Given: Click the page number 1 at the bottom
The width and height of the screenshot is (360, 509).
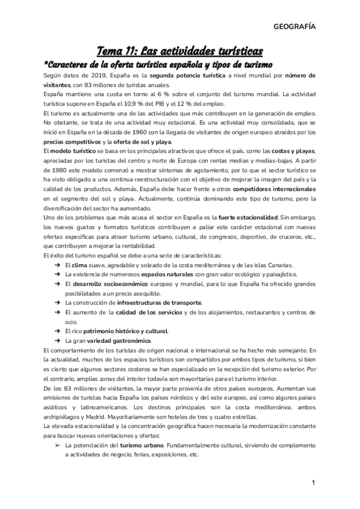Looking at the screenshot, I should [313, 483].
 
